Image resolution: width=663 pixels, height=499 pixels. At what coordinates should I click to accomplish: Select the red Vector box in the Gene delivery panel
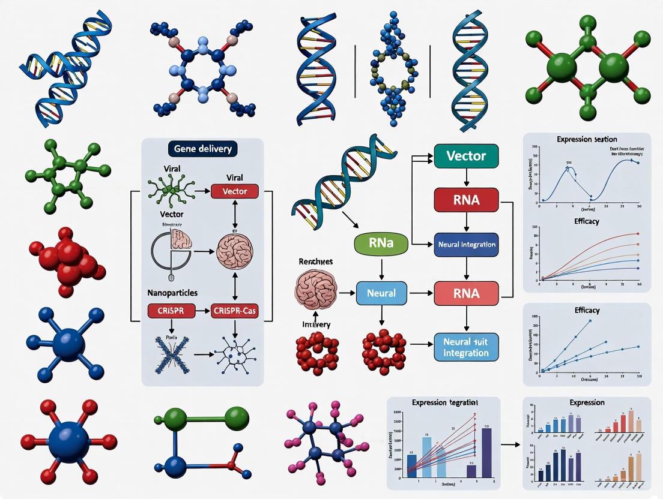coord(234,191)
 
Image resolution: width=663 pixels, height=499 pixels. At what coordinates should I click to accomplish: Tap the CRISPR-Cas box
coord(235,311)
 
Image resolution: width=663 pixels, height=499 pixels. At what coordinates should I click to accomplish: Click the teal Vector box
coord(466,156)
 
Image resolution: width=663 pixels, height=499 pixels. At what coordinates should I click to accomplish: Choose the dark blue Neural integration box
coord(466,245)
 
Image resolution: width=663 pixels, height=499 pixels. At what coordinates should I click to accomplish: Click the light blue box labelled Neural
coord(381,293)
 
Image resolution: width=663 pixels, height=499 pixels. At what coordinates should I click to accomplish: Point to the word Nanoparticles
coord(173,293)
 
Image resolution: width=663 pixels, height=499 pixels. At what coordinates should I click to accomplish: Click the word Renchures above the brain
coord(315,262)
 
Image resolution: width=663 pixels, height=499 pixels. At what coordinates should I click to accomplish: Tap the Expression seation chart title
coord(587,139)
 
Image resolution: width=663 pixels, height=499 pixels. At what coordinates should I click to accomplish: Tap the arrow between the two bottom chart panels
coord(510,444)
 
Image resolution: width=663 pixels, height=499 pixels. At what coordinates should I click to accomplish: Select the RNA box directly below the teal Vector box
coord(466,200)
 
